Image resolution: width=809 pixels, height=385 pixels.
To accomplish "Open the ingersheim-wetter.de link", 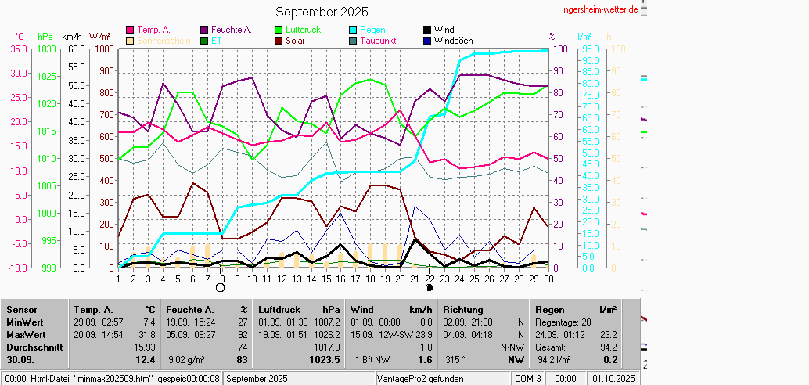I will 600,9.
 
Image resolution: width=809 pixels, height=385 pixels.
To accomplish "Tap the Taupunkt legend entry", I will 378,40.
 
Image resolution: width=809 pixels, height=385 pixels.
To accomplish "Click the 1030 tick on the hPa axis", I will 46,49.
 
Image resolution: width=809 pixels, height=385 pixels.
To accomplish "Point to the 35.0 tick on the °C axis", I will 17,49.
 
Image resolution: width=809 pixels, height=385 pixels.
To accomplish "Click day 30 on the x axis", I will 548,278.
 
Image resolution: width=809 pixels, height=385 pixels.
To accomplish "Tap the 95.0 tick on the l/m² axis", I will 589,49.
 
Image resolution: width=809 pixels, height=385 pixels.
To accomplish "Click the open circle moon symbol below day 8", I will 220,287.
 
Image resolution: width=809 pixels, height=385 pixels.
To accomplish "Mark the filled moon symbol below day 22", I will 429,287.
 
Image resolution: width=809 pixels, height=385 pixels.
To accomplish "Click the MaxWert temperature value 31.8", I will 146,334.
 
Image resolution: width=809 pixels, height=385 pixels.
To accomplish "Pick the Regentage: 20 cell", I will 563,322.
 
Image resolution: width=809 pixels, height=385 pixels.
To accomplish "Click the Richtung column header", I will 463,310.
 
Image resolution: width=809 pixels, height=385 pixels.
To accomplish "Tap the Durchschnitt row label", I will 34,346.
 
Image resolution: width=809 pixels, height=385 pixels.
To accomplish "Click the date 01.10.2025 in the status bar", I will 614,379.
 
